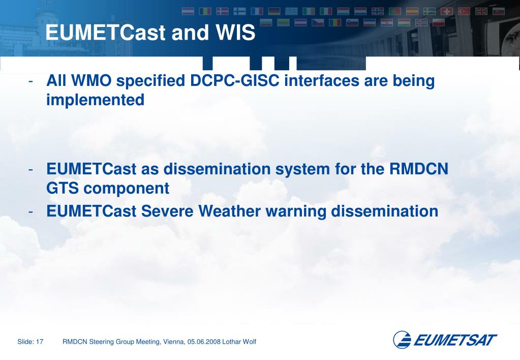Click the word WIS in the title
pyautogui.click(x=235, y=32)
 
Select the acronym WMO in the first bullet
pyautogui.click(x=91, y=81)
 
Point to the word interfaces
pyautogui.click(x=322, y=81)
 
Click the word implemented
pyautogui.click(x=96, y=100)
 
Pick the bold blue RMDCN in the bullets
pyautogui.click(x=418, y=169)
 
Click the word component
pyautogui.click(x=127, y=189)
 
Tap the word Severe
pyautogui.click(x=167, y=212)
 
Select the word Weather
pyautogui.click(x=229, y=212)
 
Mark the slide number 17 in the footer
pyautogui.click(x=40, y=342)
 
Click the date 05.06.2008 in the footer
pyautogui.click(x=204, y=342)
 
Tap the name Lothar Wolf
pyautogui.click(x=239, y=342)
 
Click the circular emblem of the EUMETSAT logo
pyautogui.click(x=402, y=340)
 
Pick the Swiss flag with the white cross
pyautogui.click(x=447, y=12)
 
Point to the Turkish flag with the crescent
pyautogui.click(x=464, y=12)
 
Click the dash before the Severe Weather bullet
pyautogui.click(x=30, y=212)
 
